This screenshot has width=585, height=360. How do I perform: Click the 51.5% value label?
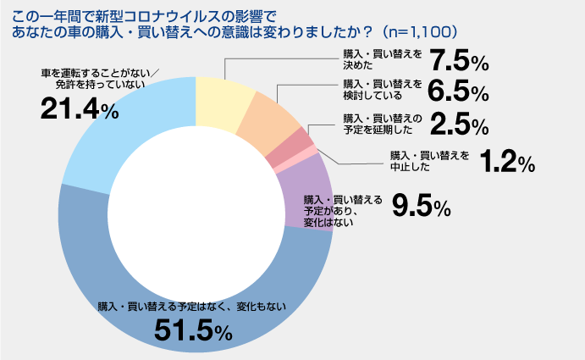[192, 331]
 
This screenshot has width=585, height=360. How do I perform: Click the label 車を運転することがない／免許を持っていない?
[100, 79]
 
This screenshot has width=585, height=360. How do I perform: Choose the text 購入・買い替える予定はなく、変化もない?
[193, 305]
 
